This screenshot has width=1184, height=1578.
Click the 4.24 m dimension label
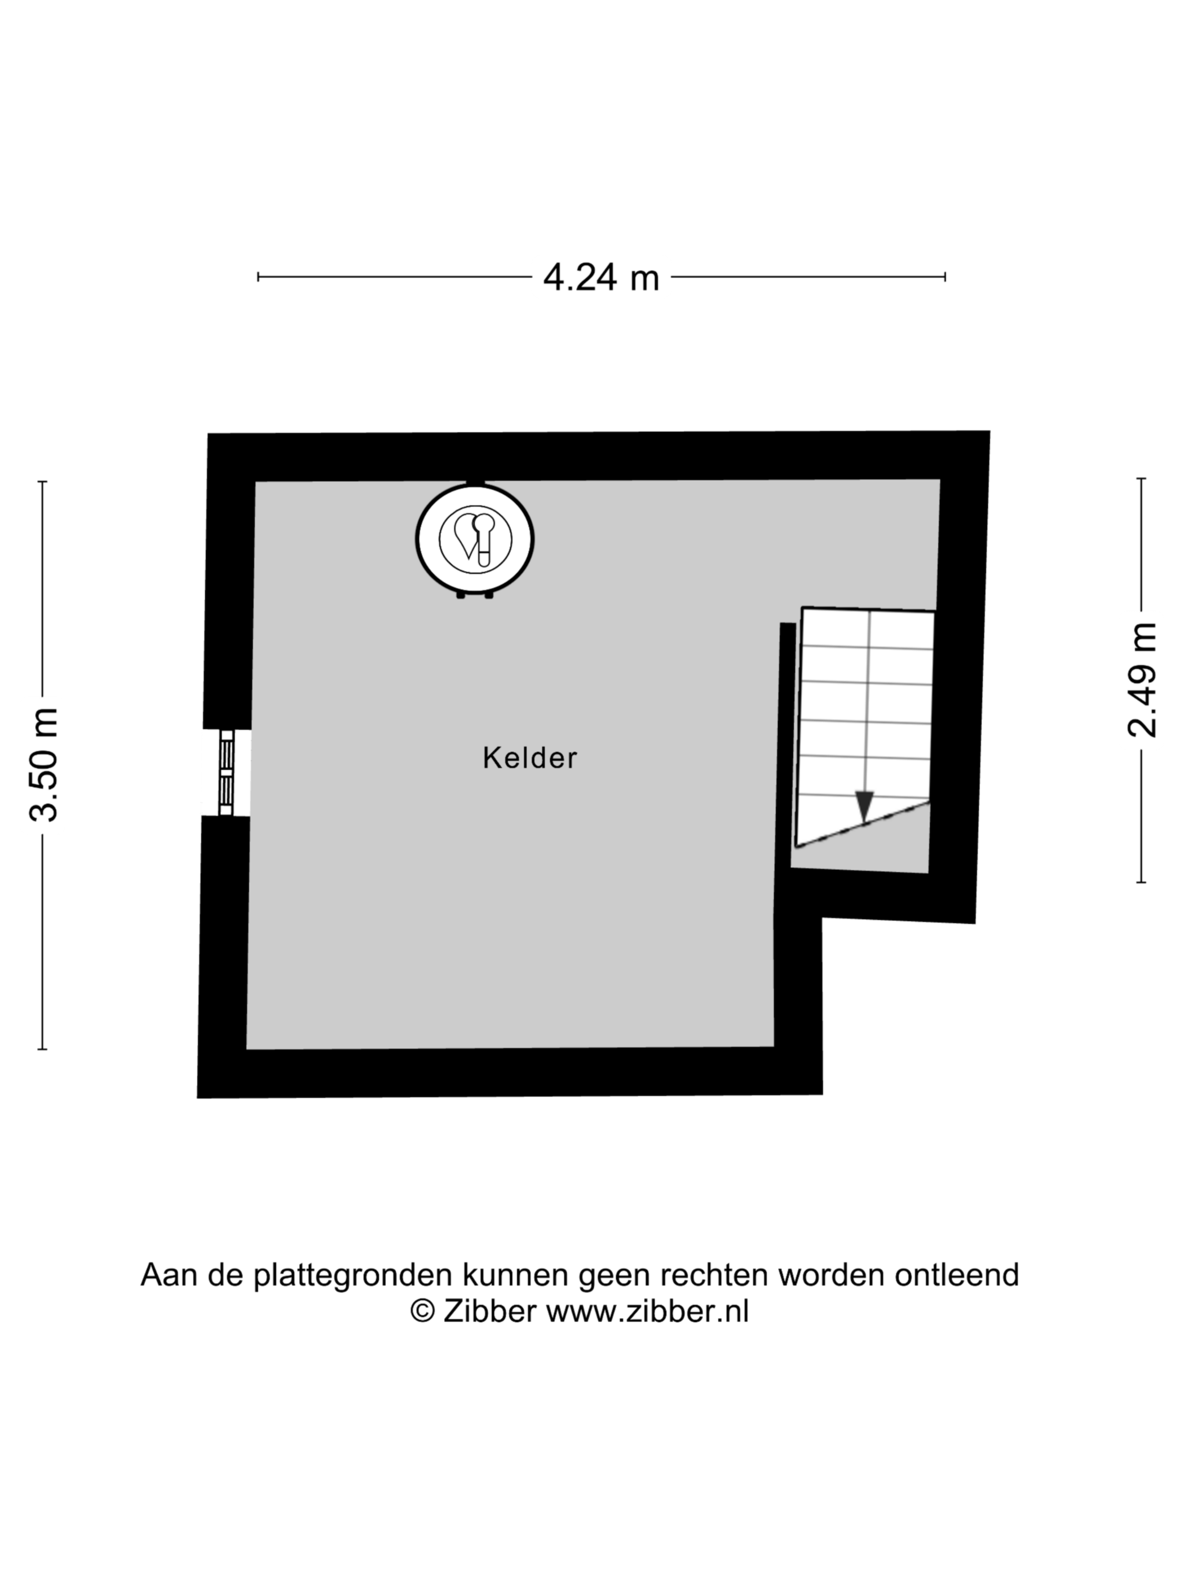tap(601, 277)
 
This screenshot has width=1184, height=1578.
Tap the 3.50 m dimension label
tap(43, 765)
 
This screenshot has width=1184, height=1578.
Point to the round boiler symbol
tap(475, 539)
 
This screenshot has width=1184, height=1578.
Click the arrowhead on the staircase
tap(865, 806)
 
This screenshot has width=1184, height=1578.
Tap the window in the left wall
tap(226, 772)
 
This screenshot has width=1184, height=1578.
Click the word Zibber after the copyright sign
tap(489, 1311)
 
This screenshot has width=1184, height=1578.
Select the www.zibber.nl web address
tap(648, 1311)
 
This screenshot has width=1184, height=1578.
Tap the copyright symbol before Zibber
tap(422, 1311)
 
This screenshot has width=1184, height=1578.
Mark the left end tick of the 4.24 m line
tap(258, 277)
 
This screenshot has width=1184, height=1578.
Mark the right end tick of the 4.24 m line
tap(945, 277)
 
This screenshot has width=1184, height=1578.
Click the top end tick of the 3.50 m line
tap(43, 482)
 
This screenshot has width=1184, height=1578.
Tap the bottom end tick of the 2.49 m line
tap(1141, 883)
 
